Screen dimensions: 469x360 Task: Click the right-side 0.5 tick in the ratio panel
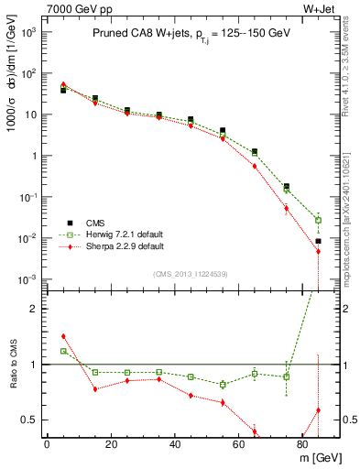[x=338, y=420]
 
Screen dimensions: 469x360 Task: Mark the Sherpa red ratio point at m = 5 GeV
[x=63, y=336]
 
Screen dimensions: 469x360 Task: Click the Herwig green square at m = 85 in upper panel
[x=318, y=220]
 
